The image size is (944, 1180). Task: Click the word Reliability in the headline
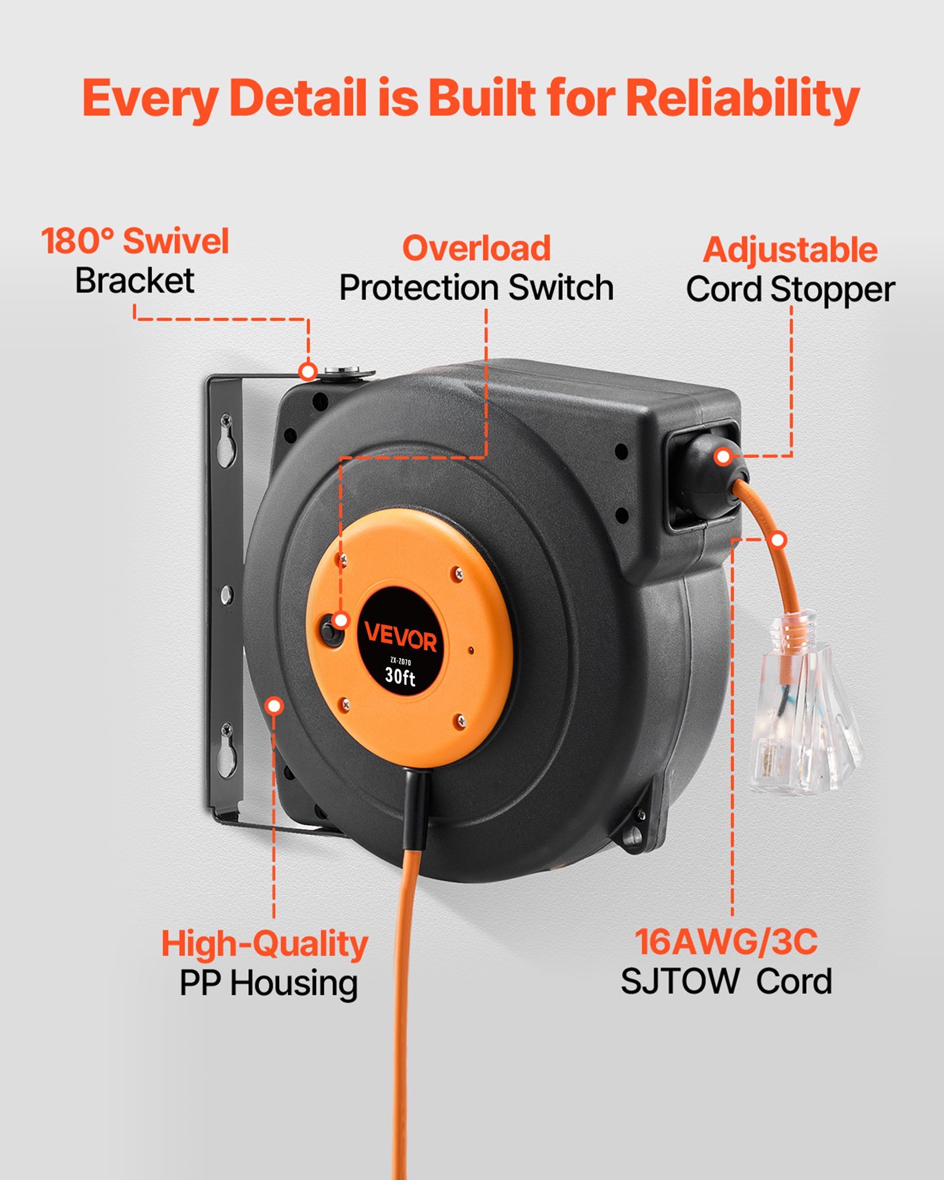742,98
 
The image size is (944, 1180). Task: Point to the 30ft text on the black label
400,676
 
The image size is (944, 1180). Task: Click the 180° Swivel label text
135,241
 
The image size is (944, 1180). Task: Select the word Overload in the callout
477,248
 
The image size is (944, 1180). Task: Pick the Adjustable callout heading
791,250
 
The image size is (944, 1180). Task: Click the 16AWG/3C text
726,942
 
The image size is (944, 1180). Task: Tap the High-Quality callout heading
265,944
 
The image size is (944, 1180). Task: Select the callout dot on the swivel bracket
307,371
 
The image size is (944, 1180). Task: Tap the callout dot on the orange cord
779,539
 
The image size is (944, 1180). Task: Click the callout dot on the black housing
274,706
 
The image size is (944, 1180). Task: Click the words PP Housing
268,984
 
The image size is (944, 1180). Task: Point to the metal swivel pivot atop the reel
349,373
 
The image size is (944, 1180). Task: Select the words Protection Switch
477,288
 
